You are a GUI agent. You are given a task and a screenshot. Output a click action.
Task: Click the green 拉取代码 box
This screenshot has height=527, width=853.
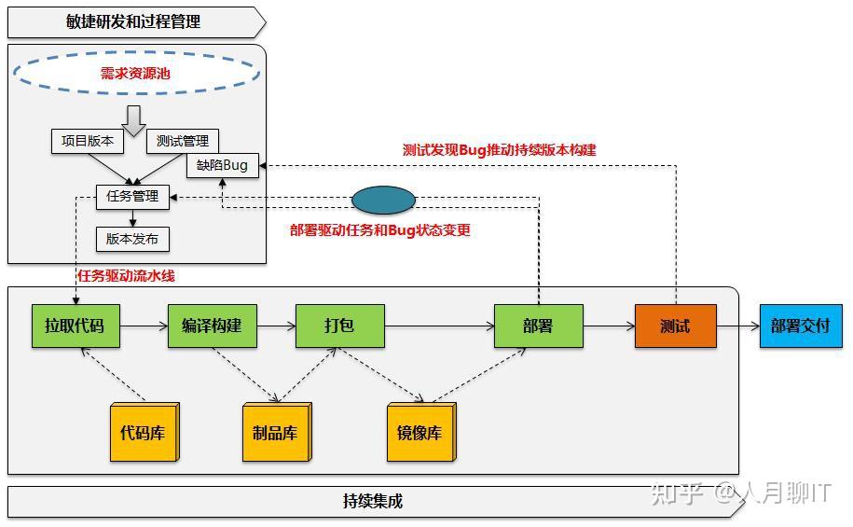75,326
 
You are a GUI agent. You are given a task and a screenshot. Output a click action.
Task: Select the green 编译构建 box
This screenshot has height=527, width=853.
212,326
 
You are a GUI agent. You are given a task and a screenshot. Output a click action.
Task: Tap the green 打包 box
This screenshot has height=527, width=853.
339,326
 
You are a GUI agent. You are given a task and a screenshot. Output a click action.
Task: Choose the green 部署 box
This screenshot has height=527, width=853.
538,326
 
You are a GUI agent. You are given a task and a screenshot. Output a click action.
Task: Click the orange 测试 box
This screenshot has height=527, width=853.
675,326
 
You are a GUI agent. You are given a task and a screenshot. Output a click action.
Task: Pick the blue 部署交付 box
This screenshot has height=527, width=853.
800,326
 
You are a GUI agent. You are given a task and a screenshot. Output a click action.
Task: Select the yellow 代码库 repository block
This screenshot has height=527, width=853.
144,434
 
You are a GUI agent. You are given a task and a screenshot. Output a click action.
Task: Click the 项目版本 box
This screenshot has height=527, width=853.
87,141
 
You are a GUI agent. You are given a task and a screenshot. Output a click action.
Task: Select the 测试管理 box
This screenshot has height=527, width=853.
183,141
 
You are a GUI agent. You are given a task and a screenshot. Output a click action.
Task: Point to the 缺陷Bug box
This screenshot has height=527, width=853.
222,165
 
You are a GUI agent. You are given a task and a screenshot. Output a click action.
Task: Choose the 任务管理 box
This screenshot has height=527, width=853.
132,197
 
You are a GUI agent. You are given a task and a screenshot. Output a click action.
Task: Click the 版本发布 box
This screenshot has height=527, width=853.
132,239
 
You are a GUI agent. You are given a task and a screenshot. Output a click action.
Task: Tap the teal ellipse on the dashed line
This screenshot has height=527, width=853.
383,201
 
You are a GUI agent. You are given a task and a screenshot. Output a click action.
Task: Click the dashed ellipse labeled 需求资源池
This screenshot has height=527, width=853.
136,73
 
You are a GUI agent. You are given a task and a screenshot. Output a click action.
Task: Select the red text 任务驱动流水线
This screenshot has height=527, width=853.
126,275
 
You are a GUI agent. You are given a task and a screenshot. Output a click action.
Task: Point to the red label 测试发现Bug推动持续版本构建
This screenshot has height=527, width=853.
499,149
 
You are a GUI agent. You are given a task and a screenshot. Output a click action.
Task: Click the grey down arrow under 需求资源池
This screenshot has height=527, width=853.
134,119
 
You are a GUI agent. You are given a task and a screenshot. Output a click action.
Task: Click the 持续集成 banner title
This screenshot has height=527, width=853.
373,501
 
